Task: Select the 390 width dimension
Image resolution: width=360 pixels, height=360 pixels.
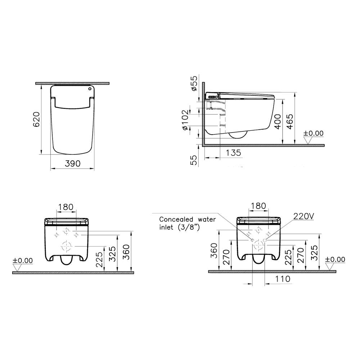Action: click(72, 163)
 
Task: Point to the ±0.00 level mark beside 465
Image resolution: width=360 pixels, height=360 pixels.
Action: click(313, 133)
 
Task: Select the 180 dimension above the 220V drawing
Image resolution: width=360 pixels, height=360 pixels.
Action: click(258, 206)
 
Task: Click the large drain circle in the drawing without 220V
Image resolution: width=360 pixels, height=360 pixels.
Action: click(66, 246)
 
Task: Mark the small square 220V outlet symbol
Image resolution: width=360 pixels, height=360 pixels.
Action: click(265, 240)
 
